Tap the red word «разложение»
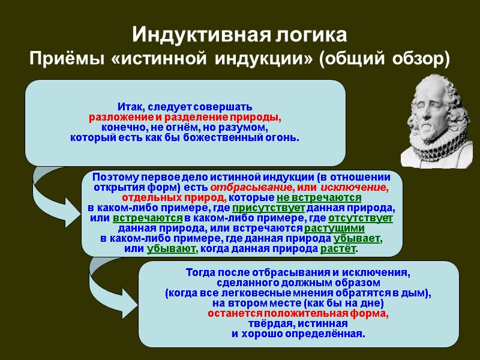click(x=120, y=117)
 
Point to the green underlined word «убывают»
click(x=172, y=248)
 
